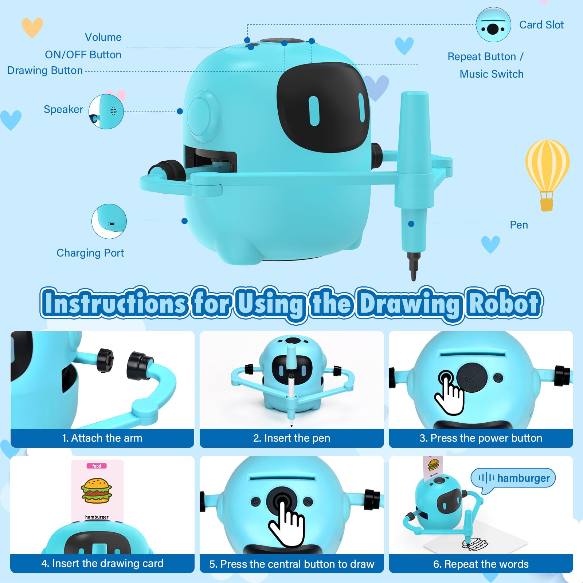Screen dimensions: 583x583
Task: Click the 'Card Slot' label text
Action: click(x=541, y=25)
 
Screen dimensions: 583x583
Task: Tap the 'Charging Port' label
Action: click(x=90, y=253)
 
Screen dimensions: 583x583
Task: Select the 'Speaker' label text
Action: click(x=63, y=109)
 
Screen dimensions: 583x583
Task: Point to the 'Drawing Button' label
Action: click(x=45, y=70)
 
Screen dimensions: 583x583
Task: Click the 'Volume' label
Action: click(x=103, y=37)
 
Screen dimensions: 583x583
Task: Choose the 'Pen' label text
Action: click(x=519, y=225)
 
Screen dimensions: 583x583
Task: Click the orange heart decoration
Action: click(x=32, y=27)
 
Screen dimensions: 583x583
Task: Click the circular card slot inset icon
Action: click(x=493, y=25)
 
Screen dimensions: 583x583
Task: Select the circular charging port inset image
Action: click(x=109, y=221)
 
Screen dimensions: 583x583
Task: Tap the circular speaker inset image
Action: click(x=106, y=111)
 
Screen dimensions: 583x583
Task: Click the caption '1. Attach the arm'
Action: click(x=102, y=438)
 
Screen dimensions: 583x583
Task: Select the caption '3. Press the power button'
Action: click(x=481, y=438)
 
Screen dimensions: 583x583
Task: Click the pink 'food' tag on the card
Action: click(x=97, y=466)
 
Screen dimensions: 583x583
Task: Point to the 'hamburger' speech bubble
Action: click(x=513, y=478)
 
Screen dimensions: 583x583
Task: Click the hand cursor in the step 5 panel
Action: click(x=287, y=520)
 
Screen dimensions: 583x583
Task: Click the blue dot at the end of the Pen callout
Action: click(x=411, y=224)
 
